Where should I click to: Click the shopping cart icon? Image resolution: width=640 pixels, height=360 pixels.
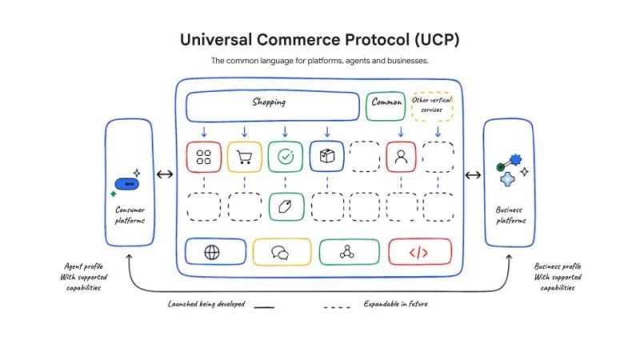(x=244, y=157)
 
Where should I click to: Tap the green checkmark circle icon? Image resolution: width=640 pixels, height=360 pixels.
(x=286, y=156)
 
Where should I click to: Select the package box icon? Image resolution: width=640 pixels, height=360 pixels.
(x=327, y=156)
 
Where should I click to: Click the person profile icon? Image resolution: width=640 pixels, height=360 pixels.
(x=401, y=157)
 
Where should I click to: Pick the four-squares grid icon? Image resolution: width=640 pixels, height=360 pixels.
(x=204, y=157)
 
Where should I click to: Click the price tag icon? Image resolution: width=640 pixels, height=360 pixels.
(x=285, y=207)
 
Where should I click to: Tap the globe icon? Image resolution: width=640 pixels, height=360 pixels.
(x=212, y=253)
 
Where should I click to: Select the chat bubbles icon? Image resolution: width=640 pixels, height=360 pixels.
(x=280, y=253)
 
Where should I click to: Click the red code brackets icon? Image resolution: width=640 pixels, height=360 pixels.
(x=418, y=253)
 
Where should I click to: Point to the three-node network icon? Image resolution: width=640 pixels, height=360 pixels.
(x=347, y=252)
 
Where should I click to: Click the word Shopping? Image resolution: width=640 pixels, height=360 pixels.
(x=269, y=102)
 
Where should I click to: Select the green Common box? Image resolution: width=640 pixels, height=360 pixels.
(x=386, y=106)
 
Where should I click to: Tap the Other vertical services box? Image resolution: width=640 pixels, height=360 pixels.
(x=432, y=106)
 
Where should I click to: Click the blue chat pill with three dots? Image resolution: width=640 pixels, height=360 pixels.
(x=127, y=184)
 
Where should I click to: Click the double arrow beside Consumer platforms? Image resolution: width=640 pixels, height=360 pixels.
(x=165, y=174)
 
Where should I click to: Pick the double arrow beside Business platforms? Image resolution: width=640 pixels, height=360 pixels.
(x=473, y=175)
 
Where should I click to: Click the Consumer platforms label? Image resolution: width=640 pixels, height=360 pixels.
(x=130, y=215)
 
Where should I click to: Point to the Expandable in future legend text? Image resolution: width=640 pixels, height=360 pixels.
(x=395, y=304)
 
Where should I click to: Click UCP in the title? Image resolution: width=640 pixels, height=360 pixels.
(x=437, y=39)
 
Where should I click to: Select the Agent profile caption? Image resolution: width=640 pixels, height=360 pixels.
(x=84, y=277)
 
